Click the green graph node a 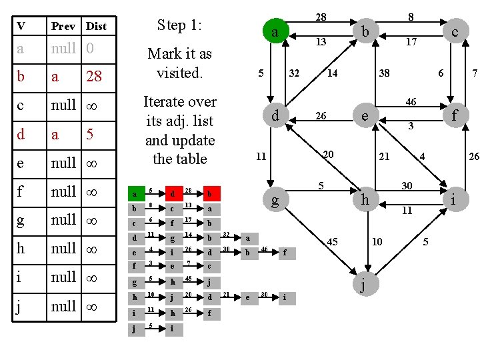pyautogui.click(x=274, y=32)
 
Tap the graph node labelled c pyautogui.click(x=453, y=31)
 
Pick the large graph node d pyautogui.click(x=275, y=116)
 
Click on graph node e pyautogui.click(x=364, y=116)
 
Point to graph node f pyautogui.click(x=454, y=115)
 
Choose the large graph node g pyautogui.click(x=275, y=200)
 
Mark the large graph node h pyautogui.click(x=364, y=199)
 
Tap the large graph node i pyautogui.click(x=453, y=199)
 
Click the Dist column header pyautogui.click(x=96, y=27)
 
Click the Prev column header pyautogui.click(x=65, y=27)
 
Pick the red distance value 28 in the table pyautogui.click(x=94, y=77)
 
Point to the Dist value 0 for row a pyautogui.click(x=90, y=49)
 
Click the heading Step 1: pyautogui.click(x=179, y=25)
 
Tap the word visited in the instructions pyautogui.click(x=180, y=72)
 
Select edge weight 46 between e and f pyautogui.click(x=411, y=102)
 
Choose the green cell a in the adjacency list pyautogui.click(x=135, y=194)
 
